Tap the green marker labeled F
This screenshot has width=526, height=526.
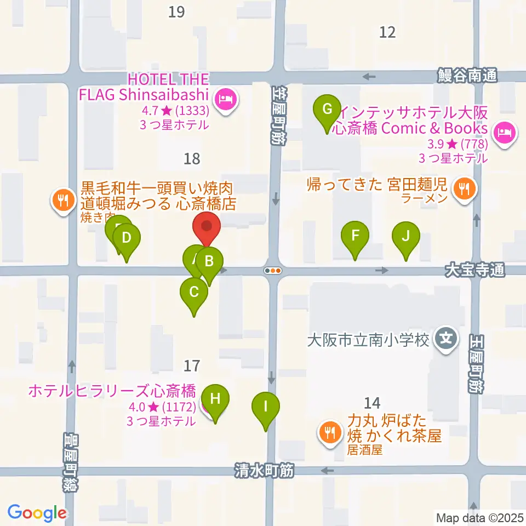coord(355,236)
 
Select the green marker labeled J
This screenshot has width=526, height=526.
coord(406,236)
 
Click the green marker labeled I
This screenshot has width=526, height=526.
coord(266,407)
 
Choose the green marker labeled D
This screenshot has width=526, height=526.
coord(127,238)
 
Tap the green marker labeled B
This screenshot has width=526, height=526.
coord(209,261)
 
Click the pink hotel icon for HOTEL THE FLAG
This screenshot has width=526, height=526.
coord(225,99)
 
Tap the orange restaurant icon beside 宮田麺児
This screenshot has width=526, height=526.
coord(465,190)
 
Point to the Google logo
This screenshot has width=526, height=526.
coord(37,513)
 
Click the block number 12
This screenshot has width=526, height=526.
coord(387,32)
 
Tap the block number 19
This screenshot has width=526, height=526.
coord(176,12)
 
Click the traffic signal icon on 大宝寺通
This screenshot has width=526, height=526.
coord(272,271)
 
